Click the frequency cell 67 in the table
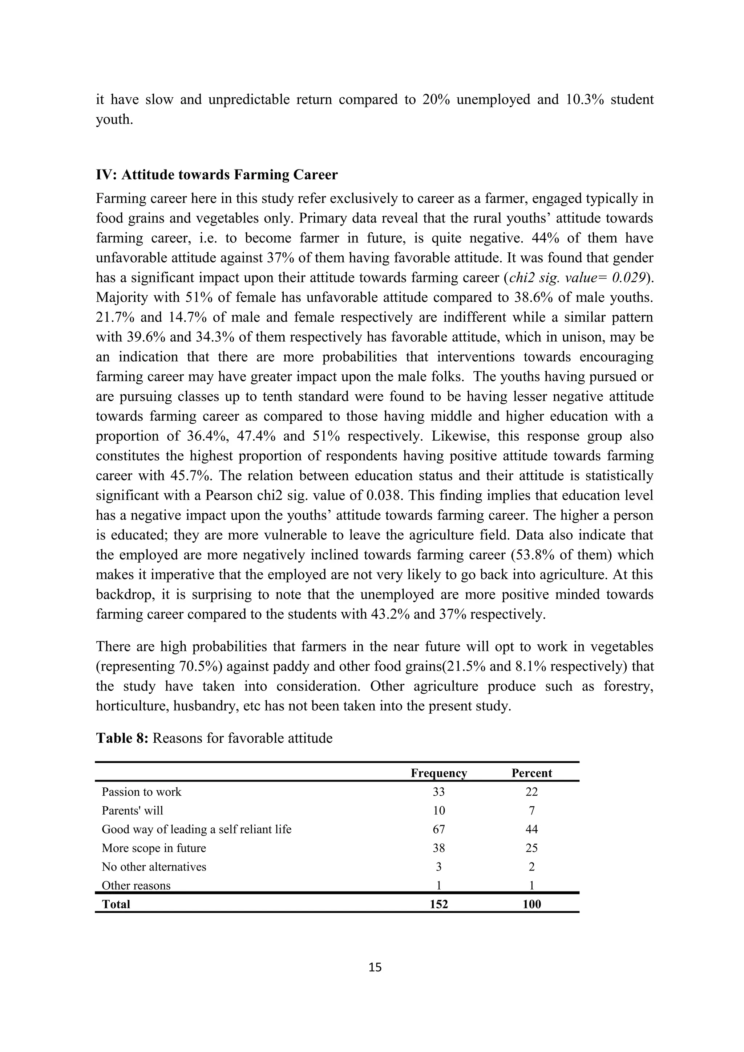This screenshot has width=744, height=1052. [x=439, y=829]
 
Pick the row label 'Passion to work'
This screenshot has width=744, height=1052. [x=141, y=792]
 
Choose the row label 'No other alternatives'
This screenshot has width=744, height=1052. [x=154, y=867]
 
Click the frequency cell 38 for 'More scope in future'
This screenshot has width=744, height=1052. [x=439, y=848]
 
